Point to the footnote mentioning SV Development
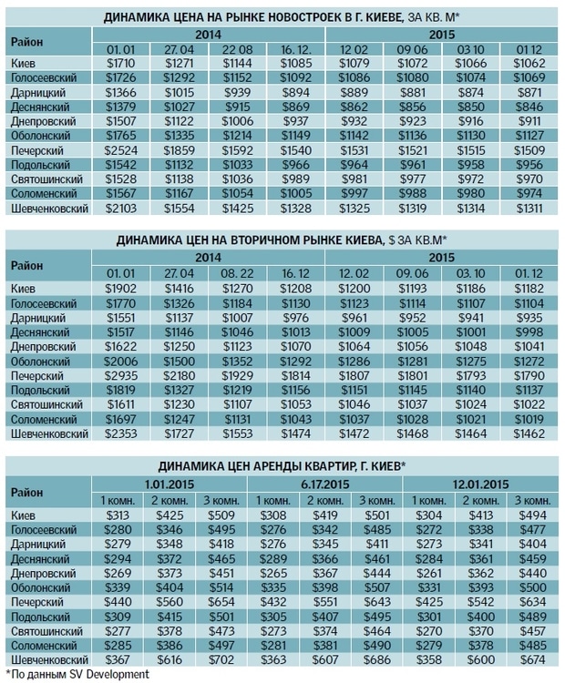pyautogui.click(x=77, y=673)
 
